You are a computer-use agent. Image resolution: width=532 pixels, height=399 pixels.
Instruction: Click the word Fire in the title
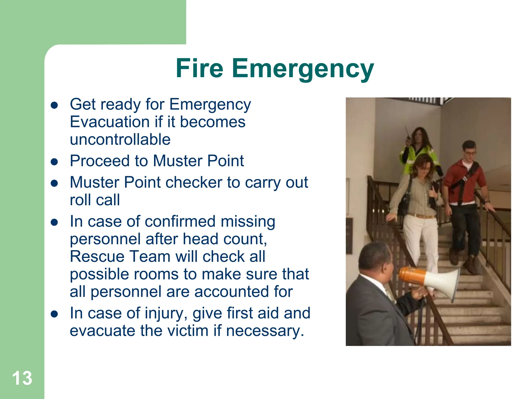199,68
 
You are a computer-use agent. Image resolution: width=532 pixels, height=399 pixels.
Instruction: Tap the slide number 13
22,378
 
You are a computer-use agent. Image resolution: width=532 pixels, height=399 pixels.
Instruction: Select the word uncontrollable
120,139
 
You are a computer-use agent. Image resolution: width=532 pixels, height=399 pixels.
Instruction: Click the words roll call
95,200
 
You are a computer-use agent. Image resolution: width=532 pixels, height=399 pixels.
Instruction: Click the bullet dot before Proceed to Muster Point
54,162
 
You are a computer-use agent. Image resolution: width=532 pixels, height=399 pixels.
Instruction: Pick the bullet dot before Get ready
54,105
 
